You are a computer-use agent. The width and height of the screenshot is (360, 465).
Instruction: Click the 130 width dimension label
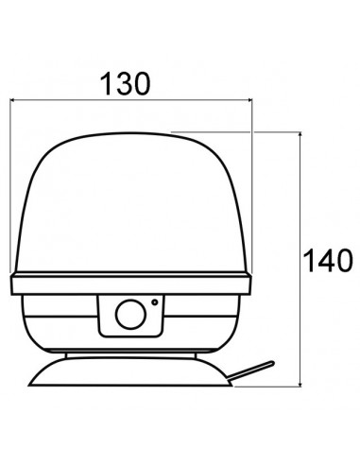tap(125, 84)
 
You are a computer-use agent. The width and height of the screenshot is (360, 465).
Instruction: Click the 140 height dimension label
tap(328, 261)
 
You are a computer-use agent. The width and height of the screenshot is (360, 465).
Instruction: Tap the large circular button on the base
tap(130, 314)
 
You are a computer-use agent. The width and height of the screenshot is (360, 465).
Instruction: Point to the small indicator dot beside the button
tap(155, 301)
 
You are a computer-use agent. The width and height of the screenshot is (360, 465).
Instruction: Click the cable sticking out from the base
tap(250, 370)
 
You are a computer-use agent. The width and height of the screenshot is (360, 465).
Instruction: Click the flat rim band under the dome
tap(131, 284)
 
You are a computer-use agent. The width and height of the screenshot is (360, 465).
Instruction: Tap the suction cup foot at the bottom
tap(131, 371)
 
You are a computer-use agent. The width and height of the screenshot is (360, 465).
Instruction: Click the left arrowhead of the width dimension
tap(12, 100)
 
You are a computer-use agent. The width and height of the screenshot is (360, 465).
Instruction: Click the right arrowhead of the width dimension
tap(250, 100)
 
